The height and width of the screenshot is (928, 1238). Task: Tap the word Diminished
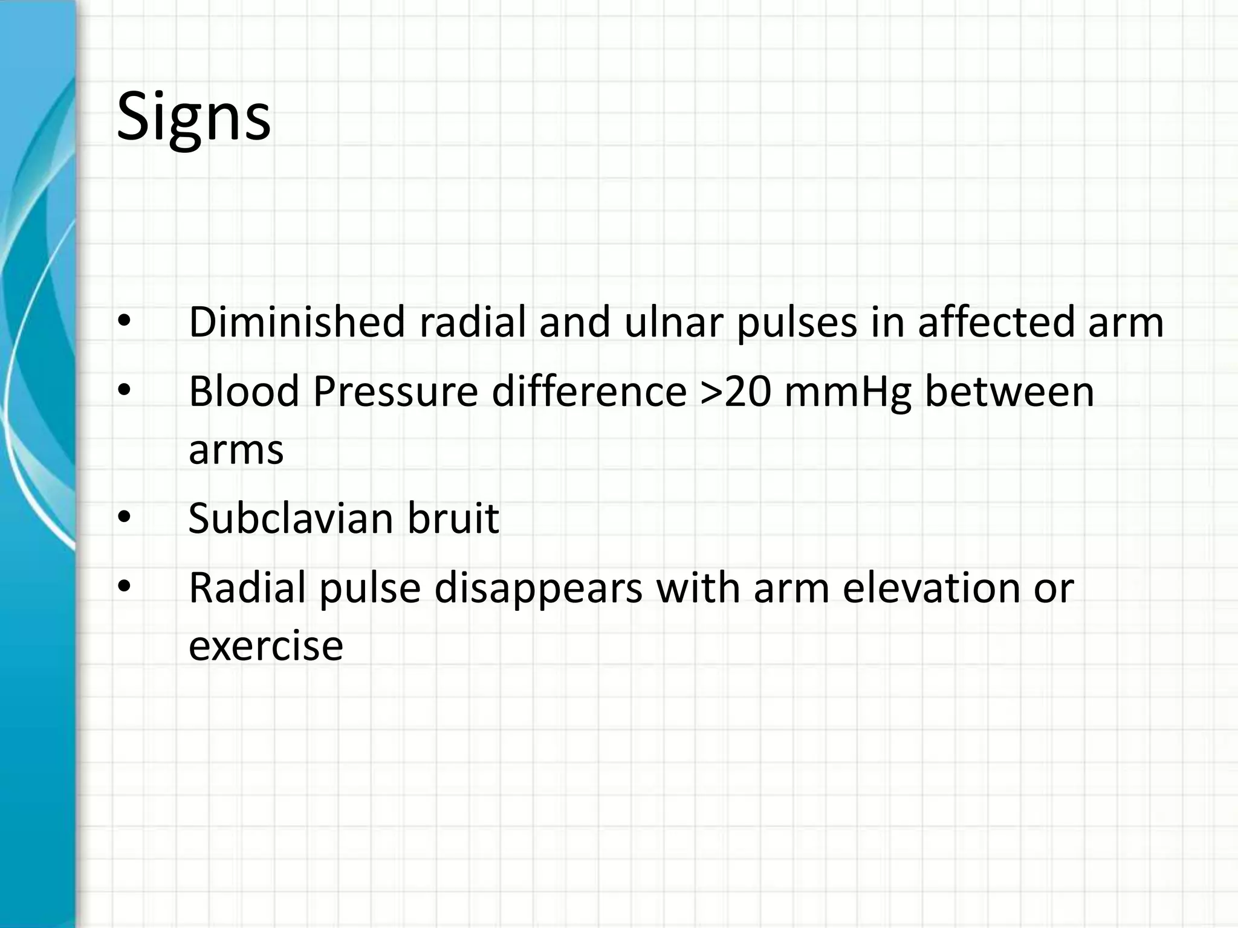point(296,322)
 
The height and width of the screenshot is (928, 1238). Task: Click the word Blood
point(244,391)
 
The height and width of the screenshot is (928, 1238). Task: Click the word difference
point(589,391)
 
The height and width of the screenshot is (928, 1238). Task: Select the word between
point(1010,391)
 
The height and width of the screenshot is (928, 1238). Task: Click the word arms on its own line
point(236,450)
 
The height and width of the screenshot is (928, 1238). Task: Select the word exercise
point(266,645)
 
